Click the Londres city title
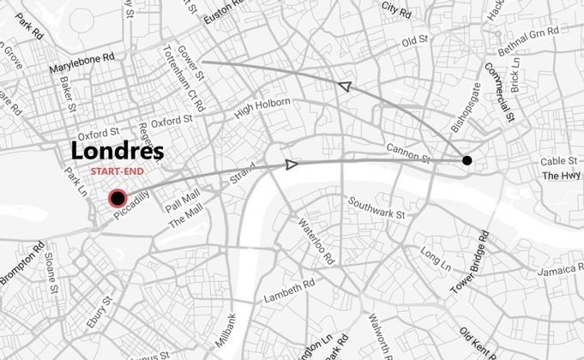pos(117,151)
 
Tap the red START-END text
pos(117,171)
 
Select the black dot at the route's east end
pos(467,160)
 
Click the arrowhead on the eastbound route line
pos(292,164)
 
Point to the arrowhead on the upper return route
pos(345,86)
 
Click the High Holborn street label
pos(262,108)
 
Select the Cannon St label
pos(407,152)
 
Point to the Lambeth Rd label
pos(289,291)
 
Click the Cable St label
pos(557,162)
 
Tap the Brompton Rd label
pos(21,266)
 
